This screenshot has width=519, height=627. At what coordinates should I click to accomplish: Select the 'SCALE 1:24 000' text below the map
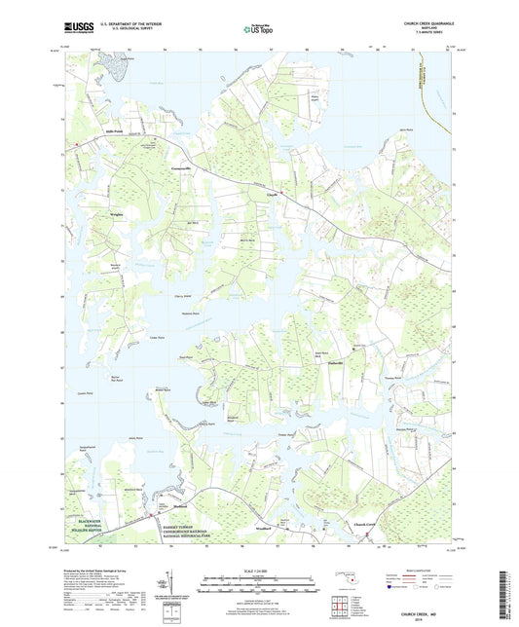coord(259,569)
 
